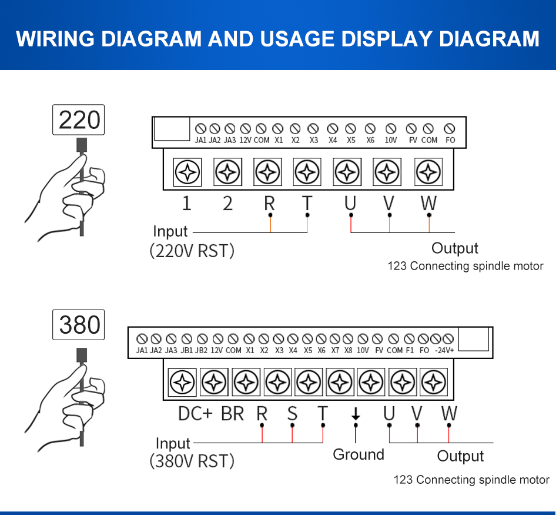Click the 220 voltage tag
coord(79,120)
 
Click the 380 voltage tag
coord(79,325)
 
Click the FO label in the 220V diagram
coord(450,140)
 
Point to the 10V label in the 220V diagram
coord(391,140)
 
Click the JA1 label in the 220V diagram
coord(200,140)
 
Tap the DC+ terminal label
coord(195,414)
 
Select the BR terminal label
coord(232,414)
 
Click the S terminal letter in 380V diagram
coord(292,413)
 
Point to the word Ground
coord(359,454)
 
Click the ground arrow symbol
coord(355,414)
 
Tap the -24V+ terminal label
coord(444,350)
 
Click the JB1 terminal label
coord(187,350)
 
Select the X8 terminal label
coord(349,350)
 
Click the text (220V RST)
coord(192,251)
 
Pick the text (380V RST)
coord(192,461)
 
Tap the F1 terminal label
coord(410,350)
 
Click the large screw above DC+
coord(182,383)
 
